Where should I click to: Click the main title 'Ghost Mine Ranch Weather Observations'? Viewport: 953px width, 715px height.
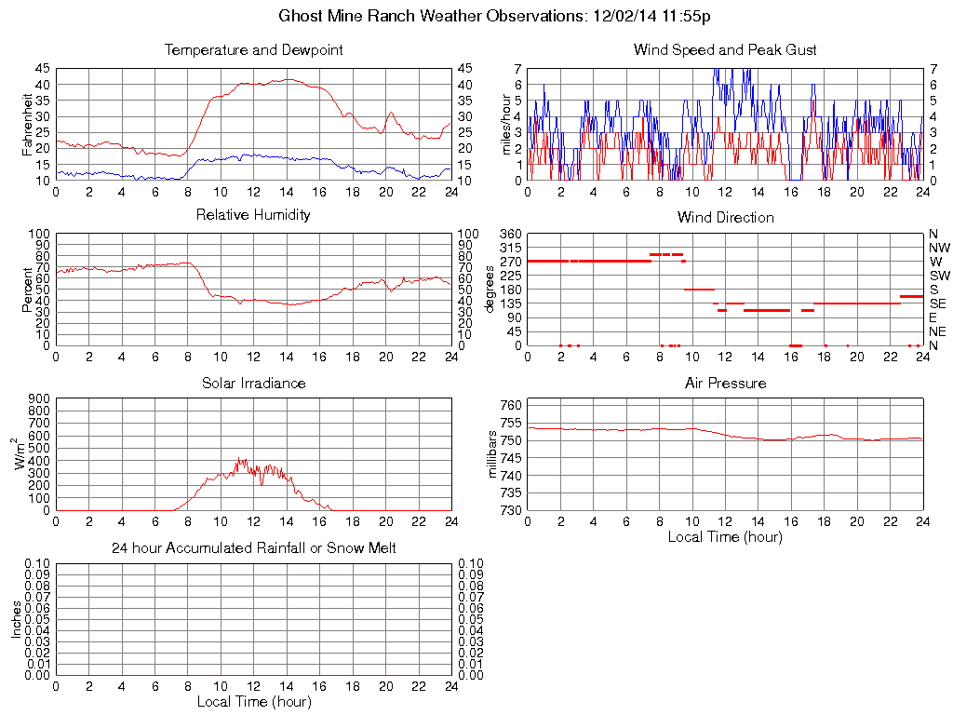496,16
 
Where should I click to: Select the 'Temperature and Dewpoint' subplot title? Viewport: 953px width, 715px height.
253,49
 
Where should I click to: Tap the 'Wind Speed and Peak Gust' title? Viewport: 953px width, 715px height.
725,49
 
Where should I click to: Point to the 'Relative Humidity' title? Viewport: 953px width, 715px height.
253,215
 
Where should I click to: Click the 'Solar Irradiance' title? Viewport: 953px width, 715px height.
253,383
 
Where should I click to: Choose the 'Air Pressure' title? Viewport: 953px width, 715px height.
725,383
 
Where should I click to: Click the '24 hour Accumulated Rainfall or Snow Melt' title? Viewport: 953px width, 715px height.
253,548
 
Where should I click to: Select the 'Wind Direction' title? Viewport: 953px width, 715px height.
725,217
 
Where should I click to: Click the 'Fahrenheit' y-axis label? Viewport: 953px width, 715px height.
28,124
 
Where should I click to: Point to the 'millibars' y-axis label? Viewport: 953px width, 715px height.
495,455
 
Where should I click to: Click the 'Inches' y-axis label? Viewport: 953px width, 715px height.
16,619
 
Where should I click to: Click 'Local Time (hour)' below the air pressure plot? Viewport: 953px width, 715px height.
725,536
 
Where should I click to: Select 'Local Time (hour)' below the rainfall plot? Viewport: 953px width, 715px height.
253,701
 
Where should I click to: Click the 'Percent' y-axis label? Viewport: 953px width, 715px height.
28,290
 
